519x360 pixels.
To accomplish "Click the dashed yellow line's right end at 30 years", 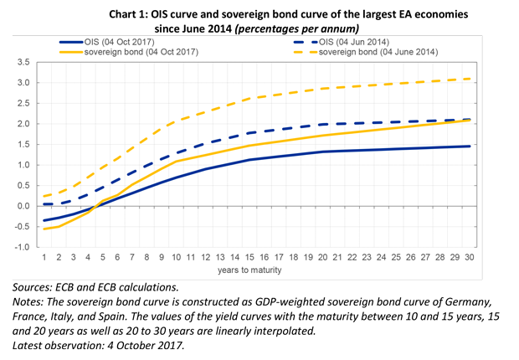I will pyautogui.click(x=470, y=79).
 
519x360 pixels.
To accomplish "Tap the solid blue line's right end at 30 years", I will pyautogui.click(x=470, y=146).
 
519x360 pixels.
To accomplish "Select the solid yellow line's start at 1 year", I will pyautogui.click(x=44, y=229).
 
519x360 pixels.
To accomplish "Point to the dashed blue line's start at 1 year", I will pyautogui.click(x=44, y=204).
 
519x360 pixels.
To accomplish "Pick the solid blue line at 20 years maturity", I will pyautogui.click(x=323, y=152).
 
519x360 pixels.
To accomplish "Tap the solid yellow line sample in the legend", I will pyautogui.click(x=70, y=52).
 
